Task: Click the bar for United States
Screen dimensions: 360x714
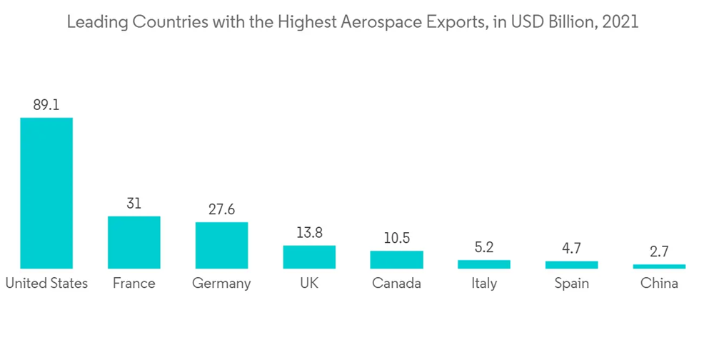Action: point(46,193)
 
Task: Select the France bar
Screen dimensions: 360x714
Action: point(134,242)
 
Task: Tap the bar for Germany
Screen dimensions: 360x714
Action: point(221,245)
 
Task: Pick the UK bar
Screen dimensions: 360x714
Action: point(309,256)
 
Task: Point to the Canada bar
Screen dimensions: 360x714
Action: point(396,259)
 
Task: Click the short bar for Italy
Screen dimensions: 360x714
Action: point(484,264)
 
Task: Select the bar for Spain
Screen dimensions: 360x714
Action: point(571,265)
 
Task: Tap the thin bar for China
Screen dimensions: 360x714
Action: point(659,266)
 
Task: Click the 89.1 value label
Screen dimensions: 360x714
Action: point(46,104)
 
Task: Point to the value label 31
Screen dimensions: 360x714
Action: point(134,204)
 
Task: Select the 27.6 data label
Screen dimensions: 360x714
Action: point(221,209)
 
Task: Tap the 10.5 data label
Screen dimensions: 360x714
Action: point(396,238)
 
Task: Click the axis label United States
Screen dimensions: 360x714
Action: point(46,284)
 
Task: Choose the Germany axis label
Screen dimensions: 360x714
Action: point(221,284)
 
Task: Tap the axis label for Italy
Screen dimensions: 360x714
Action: point(484,284)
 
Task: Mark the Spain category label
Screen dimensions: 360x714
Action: point(571,284)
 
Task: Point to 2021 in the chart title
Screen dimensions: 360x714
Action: point(620,22)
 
